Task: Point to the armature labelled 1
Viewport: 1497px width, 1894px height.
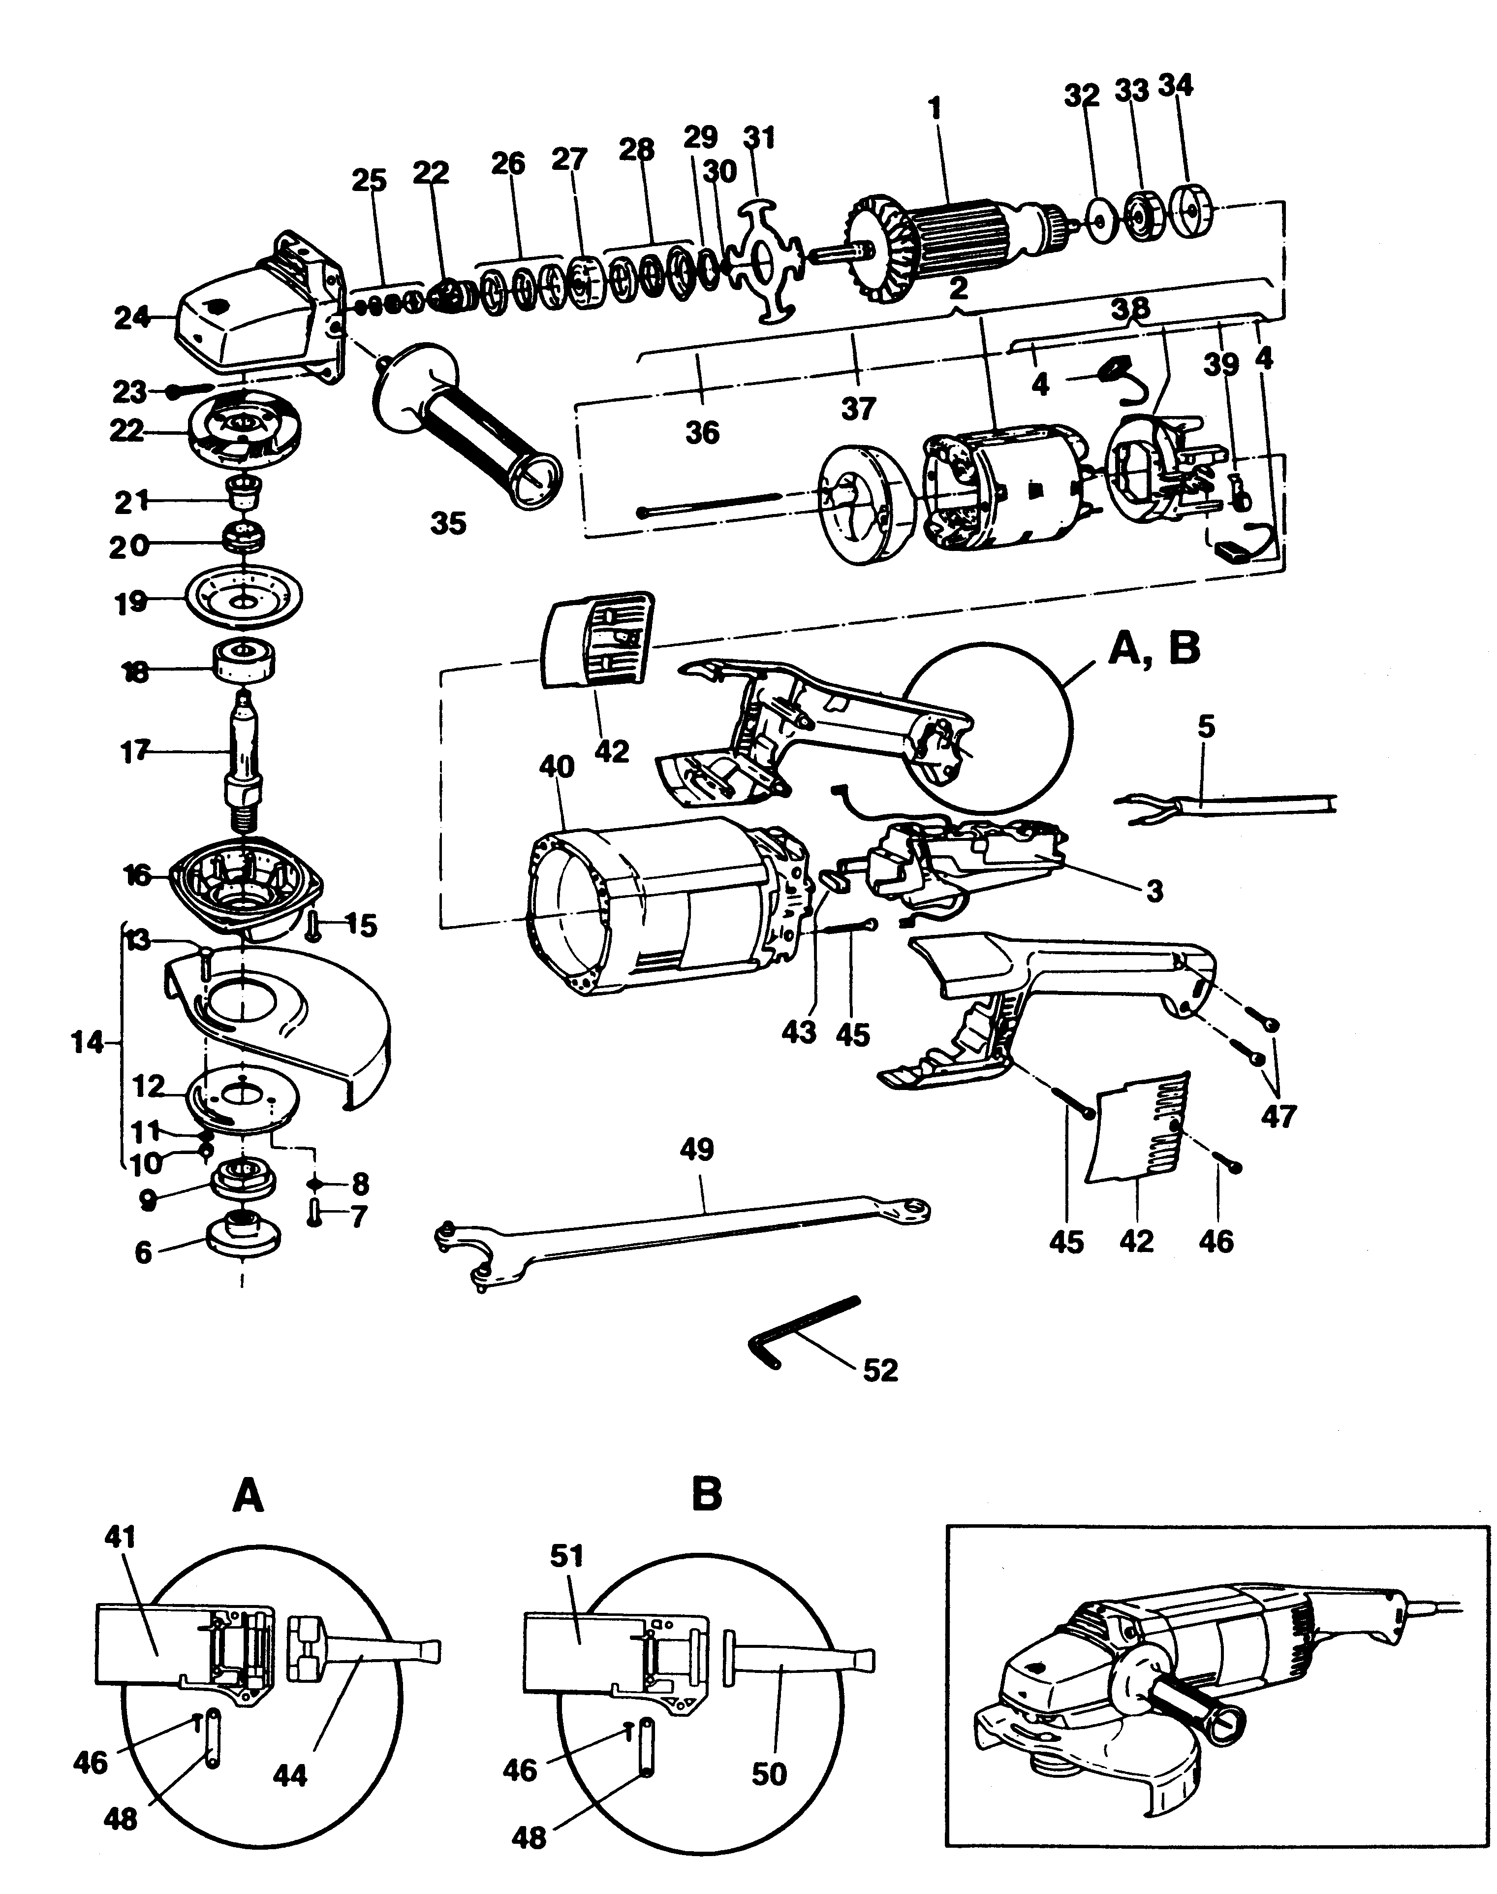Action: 947,237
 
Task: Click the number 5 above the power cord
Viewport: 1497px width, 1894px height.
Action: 1206,727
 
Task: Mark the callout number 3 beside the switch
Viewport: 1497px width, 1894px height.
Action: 1154,891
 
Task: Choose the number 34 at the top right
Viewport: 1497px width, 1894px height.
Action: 1175,86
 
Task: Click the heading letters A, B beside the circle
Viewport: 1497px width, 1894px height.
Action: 1154,651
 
